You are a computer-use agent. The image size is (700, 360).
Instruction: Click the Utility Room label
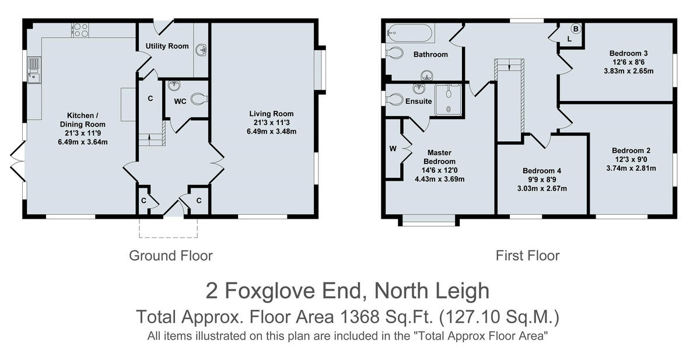(167, 46)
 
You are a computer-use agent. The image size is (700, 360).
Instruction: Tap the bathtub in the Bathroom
(412, 33)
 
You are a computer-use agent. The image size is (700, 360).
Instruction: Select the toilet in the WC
(198, 100)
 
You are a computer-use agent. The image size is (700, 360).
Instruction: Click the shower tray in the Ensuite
(448, 98)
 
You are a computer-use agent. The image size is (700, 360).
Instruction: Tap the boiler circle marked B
(575, 29)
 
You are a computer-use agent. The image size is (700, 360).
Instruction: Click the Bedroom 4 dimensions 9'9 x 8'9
(542, 180)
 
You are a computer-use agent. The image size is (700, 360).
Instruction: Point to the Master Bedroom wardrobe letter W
(393, 148)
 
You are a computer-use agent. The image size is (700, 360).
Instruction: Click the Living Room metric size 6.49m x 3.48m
(271, 131)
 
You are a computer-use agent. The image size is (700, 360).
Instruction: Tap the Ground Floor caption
(170, 256)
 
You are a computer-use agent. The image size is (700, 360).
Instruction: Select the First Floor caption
(527, 256)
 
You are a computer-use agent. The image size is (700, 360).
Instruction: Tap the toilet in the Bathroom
(395, 53)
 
